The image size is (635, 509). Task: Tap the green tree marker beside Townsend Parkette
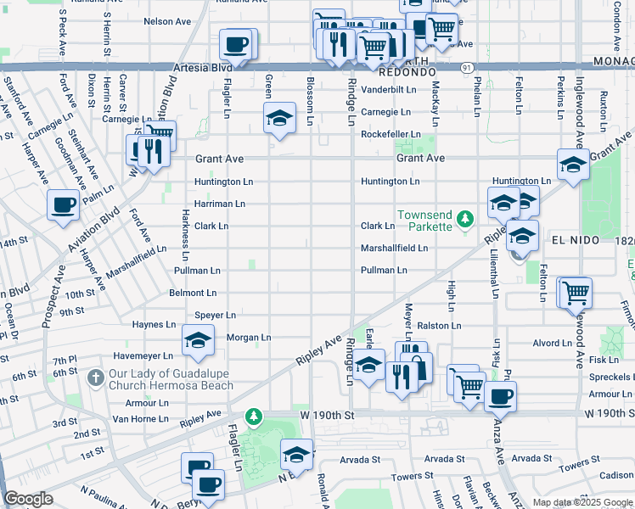click(x=464, y=221)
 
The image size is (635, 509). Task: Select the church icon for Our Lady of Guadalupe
click(x=98, y=376)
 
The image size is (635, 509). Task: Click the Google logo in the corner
click(x=29, y=499)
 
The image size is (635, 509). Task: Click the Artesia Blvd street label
click(x=202, y=66)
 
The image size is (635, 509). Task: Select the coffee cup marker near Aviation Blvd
click(x=64, y=205)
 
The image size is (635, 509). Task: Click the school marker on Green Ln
click(x=278, y=120)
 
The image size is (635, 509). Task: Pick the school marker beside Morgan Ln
click(x=198, y=341)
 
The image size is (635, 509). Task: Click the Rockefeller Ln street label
click(x=391, y=134)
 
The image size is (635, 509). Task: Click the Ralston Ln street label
click(x=439, y=325)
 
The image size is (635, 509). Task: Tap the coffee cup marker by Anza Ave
click(x=501, y=395)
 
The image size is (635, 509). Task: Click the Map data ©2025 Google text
click(x=582, y=502)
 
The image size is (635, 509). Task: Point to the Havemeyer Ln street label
click(x=143, y=356)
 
